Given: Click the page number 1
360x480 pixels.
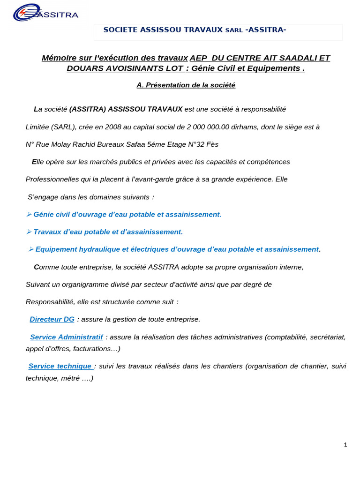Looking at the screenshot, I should point(345,445).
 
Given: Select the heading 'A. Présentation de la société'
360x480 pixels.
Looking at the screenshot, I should point(186,85).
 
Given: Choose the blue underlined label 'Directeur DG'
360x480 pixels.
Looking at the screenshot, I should point(52,319).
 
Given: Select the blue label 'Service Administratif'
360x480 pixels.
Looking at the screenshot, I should point(66,337).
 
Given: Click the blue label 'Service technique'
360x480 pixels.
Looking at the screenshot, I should point(60,366).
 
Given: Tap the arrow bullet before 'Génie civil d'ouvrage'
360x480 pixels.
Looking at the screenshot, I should point(29,214).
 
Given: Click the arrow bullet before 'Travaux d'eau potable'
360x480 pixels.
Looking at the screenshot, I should point(29,232).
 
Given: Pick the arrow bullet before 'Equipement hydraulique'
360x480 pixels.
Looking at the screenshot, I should point(31,249).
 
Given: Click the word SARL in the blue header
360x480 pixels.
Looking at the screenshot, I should point(234,30).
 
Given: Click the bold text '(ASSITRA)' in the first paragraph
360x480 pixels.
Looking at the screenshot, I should point(88,109).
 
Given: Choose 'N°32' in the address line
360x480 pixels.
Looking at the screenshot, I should point(197,144).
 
